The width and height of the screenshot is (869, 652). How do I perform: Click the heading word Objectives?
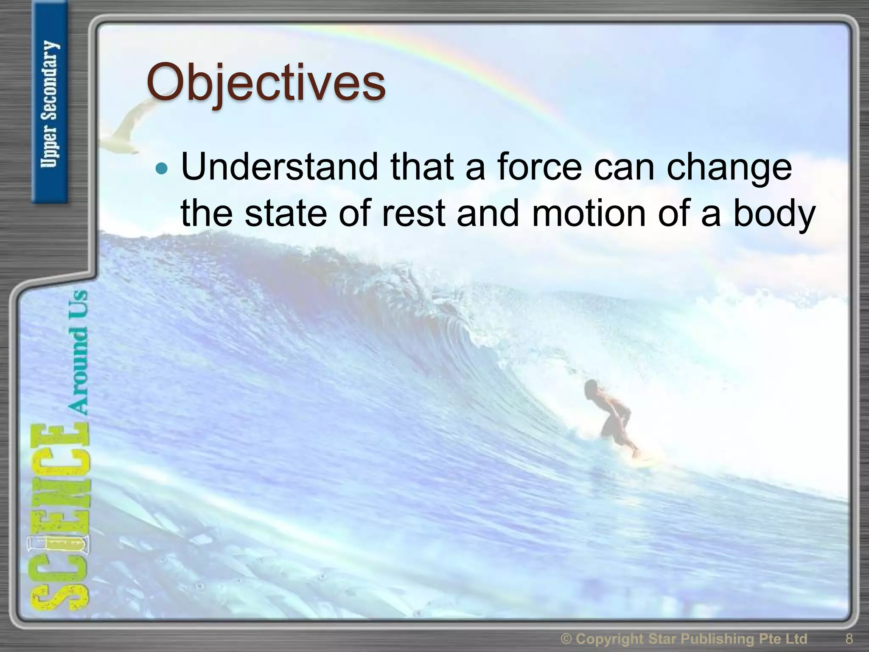tap(266, 83)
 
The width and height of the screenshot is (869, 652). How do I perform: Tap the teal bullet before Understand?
tap(162, 169)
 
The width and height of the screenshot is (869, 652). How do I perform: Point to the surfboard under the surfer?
tap(641, 458)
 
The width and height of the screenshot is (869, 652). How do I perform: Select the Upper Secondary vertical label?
tap(50, 104)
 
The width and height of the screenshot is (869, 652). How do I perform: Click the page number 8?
tap(849, 638)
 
